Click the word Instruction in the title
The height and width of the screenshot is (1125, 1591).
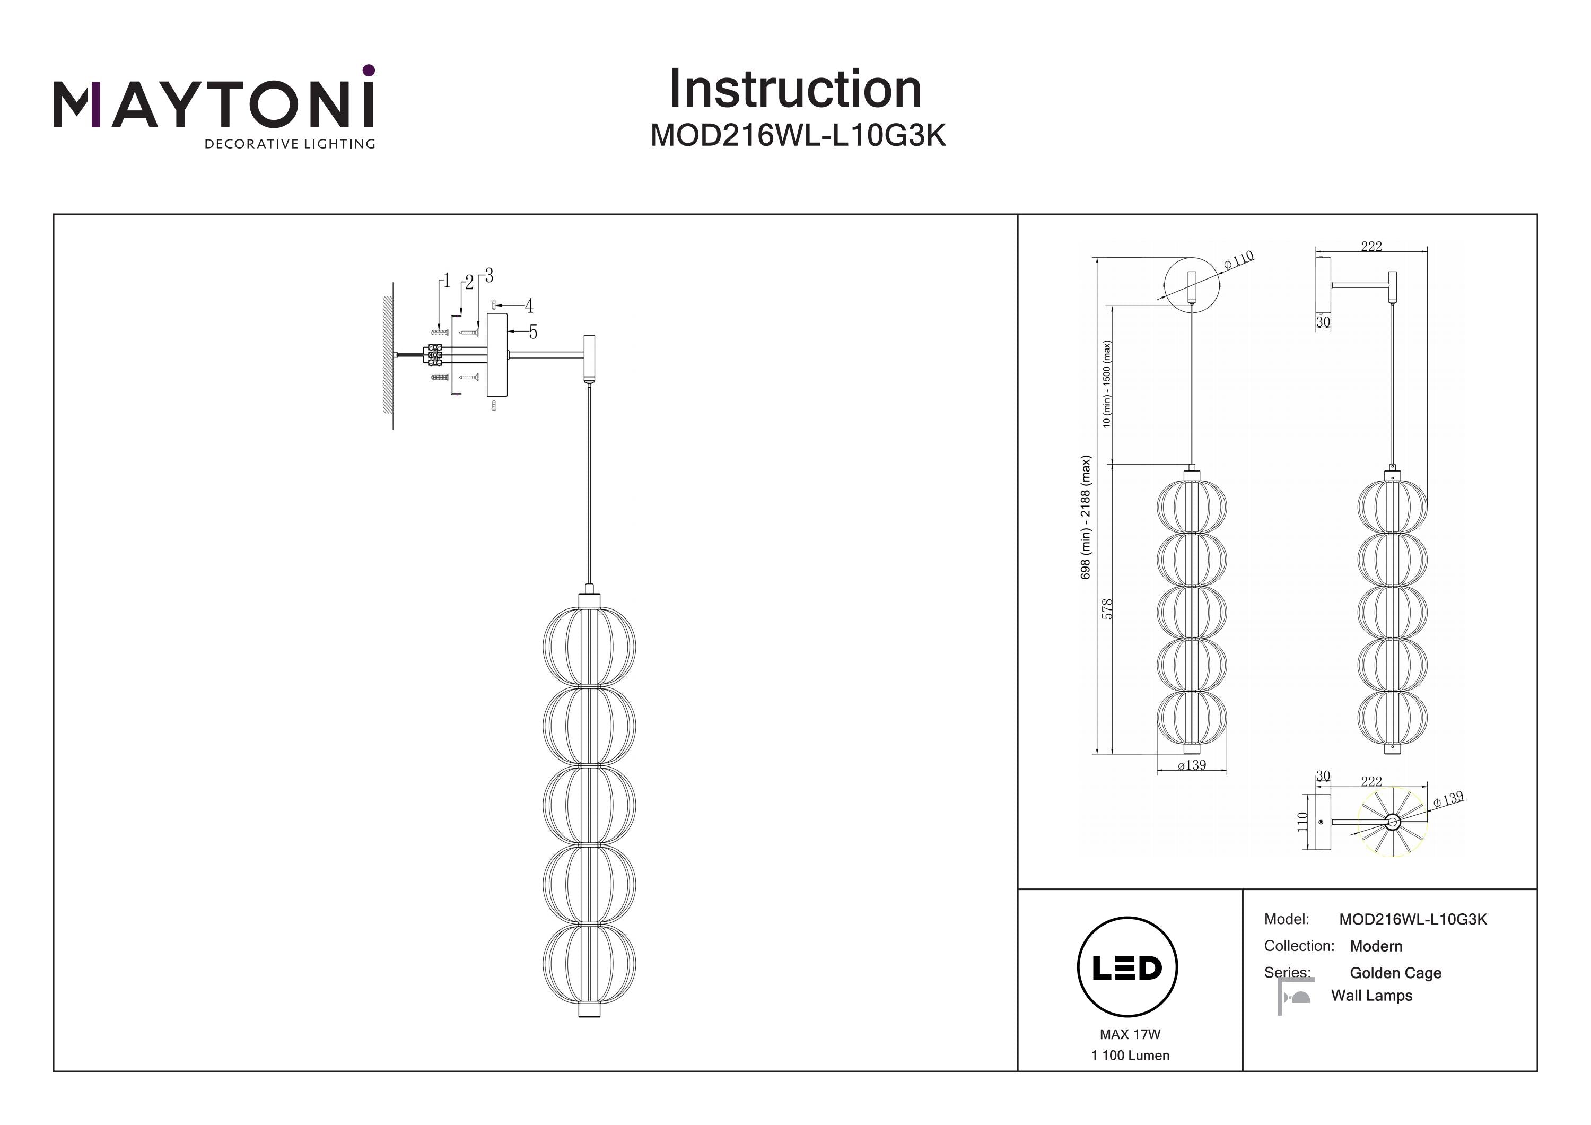(x=795, y=90)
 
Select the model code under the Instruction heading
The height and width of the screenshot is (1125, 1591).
(x=798, y=136)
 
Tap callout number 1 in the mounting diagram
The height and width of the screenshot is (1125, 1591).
(x=446, y=281)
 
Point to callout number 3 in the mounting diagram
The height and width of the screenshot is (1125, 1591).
(x=489, y=276)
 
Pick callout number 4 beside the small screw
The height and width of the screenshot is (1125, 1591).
(x=529, y=306)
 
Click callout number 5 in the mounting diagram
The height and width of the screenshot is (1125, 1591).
(x=533, y=333)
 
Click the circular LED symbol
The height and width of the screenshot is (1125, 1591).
(x=1127, y=967)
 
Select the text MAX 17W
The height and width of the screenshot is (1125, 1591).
(x=1130, y=1034)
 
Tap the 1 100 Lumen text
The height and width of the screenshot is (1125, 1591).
(x=1130, y=1056)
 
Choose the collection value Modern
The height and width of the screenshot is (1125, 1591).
(x=1376, y=946)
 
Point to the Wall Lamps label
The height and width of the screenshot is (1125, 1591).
(x=1371, y=996)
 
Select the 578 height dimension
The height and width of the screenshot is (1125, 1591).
(x=1107, y=608)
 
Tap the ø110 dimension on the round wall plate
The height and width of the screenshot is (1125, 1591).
(x=1239, y=260)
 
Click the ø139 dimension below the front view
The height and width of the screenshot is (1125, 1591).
(x=1191, y=765)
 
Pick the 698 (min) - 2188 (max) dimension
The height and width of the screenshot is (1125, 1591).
(x=1086, y=517)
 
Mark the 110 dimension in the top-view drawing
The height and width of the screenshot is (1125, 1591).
(x=1302, y=822)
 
